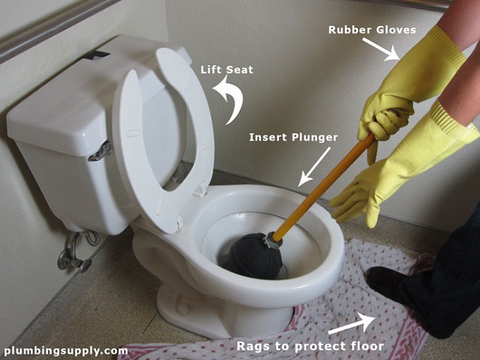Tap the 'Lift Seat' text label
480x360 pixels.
tap(227, 70)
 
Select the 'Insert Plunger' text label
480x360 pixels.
tap(294, 137)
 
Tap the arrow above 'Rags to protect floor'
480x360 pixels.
tap(351, 324)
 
